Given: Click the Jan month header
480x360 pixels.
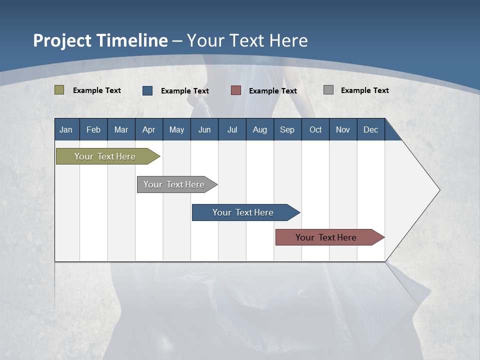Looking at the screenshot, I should tap(66, 129).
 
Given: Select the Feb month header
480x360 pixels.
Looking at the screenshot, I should tap(93, 129).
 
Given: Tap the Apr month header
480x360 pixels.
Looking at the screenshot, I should tap(148, 129).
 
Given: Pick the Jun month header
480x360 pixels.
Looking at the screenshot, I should tap(204, 129).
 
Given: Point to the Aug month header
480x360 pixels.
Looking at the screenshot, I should tap(259, 129).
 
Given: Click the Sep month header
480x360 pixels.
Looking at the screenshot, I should tap(287, 129).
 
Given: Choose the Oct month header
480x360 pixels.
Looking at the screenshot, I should tap(315, 129).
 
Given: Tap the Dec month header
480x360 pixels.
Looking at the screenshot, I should tap(370, 129).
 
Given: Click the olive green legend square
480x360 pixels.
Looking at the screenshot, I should tap(59, 90).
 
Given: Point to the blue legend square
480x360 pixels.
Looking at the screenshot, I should tap(147, 90).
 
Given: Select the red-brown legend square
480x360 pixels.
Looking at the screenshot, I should tap(236, 90).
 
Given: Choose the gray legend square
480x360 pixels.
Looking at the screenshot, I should tap(328, 90).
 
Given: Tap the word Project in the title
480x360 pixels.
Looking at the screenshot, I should tap(62, 40).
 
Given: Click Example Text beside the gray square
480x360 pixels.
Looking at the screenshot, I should tap(364, 90).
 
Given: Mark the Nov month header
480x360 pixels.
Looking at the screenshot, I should tap(343, 129).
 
